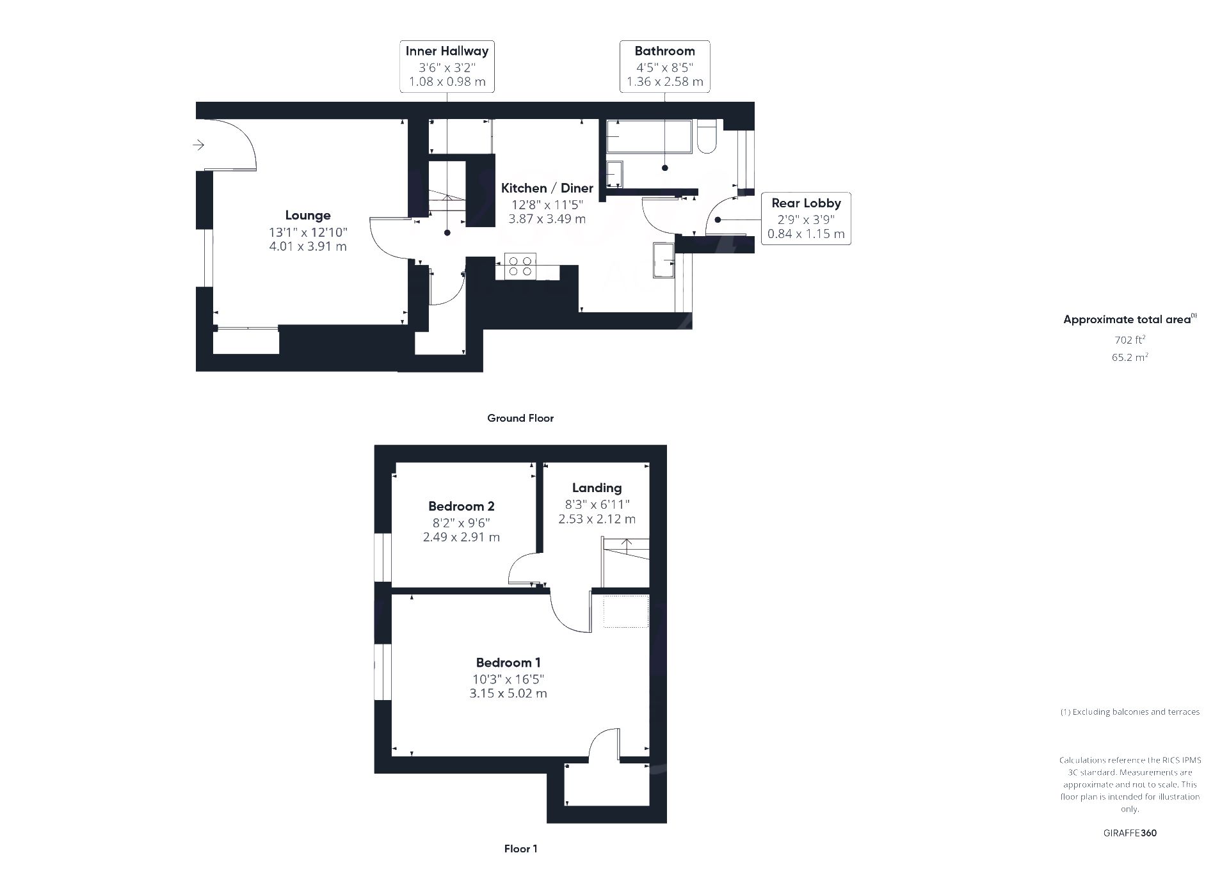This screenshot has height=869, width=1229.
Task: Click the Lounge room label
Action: (308, 216)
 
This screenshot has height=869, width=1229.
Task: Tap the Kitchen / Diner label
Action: (547, 188)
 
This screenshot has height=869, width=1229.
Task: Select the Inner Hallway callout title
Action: (447, 51)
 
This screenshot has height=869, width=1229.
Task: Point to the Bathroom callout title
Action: (664, 51)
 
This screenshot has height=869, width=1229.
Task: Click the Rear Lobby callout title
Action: (806, 203)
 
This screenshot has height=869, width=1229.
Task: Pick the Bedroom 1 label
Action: (508, 663)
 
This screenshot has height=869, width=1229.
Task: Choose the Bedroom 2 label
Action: (462, 506)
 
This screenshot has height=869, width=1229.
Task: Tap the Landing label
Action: (597, 488)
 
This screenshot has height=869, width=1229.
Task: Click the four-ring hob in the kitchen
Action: (520, 266)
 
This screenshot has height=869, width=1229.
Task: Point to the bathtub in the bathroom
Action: (649, 136)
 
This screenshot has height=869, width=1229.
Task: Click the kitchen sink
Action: (664, 260)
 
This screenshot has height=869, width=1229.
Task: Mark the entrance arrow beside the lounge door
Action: (198, 145)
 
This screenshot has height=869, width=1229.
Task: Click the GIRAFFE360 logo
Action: (1130, 833)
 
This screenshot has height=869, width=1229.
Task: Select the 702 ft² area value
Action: (1130, 340)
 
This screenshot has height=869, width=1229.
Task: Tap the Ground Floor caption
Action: (520, 419)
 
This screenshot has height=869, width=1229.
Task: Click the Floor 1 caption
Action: (521, 849)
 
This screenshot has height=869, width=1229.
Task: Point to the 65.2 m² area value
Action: (1130, 357)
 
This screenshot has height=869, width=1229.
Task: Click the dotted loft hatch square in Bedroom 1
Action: (626, 612)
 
